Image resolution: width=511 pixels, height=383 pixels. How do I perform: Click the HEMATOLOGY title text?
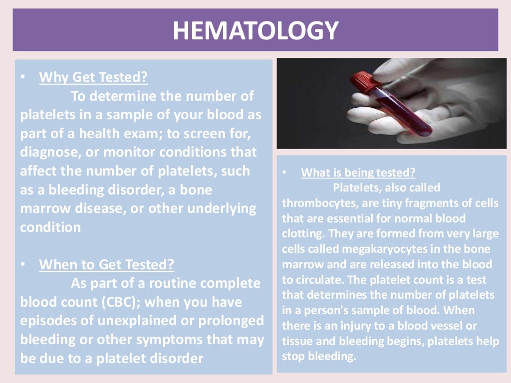click(x=255, y=30)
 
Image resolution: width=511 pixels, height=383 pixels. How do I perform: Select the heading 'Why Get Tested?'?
click(x=93, y=77)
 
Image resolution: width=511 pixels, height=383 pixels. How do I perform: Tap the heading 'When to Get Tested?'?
click(x=107, y=264)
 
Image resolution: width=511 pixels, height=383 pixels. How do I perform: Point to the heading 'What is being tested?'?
click(x=358, y=173)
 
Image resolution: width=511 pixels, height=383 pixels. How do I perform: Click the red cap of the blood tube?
click(x=363, y=80)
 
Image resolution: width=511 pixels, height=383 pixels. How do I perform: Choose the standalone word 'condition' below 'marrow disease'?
click(x=50, y=227)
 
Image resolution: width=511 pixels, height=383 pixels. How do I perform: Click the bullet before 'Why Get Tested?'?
click(x=22, y=78)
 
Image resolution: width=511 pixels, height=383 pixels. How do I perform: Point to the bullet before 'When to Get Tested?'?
click(x=22, y=265)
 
